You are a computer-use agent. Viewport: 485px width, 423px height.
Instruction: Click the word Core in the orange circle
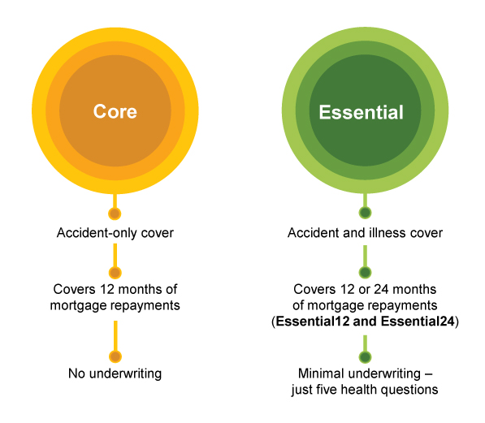(115, 111)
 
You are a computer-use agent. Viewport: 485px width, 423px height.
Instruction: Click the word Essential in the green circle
(362, 111)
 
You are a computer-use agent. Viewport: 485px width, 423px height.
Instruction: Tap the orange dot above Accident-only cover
(115, 214)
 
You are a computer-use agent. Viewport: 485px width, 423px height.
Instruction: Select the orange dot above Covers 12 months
(115, 273)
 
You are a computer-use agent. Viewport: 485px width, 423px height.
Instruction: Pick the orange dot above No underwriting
(115, 356)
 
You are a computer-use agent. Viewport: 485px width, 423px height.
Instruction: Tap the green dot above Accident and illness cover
(365, 213)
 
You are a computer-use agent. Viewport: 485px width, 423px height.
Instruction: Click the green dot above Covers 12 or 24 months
(365, 273)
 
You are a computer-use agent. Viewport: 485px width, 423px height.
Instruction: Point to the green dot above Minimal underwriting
(366, 356)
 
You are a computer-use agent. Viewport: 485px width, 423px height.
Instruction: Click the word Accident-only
(97, 233)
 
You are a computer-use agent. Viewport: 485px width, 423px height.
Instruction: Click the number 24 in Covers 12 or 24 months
(381, 289)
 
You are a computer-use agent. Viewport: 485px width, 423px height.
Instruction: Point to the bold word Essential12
(313, 322)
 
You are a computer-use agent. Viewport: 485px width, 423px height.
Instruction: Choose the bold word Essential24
(418, 322)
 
